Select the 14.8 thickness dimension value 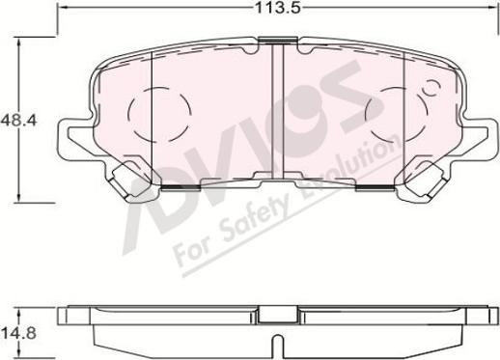(14, 334)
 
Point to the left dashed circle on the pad (152, 112)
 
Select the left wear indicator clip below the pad (125, 181)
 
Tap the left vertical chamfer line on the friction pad (153, 112)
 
